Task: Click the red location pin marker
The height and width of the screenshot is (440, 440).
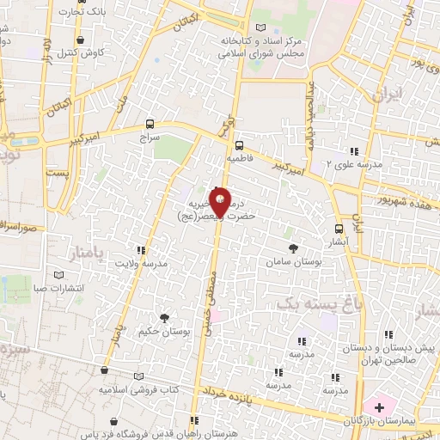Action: tap(220, 203)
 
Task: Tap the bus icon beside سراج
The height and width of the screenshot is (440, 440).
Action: tap(151, 124)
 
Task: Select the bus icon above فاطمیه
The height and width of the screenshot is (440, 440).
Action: tap(239, 145)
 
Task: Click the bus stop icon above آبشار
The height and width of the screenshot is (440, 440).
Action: tap(339, 228)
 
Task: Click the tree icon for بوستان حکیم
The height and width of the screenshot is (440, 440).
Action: tap(164, 317)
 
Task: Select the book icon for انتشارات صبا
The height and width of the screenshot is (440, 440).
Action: tap(58, 275)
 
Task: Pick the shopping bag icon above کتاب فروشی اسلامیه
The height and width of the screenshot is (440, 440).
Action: tap(104, 371)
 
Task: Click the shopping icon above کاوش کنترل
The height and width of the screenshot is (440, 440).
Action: tap(80, 40)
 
